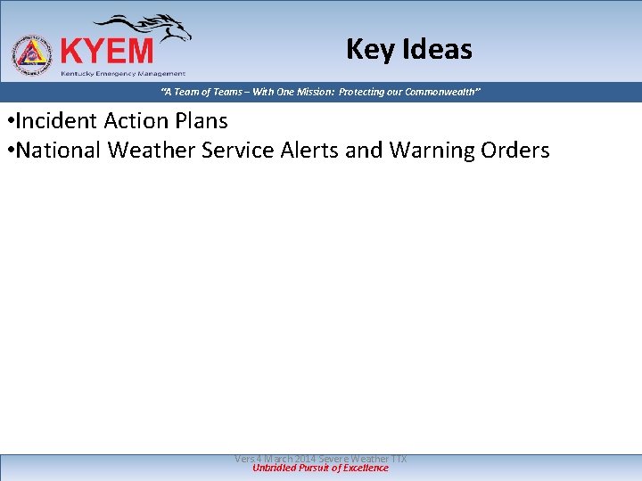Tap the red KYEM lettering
click(106, 51)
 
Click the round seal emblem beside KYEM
click(32, 54)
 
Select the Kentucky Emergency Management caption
click(123, 73)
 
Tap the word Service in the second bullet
click(238, 151)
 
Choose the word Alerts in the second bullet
click(309, 151)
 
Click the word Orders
click(515, 151)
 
